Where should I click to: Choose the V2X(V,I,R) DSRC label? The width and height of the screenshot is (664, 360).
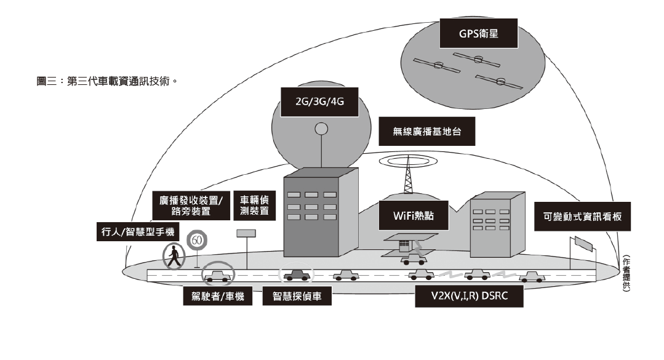[x=469, y=296]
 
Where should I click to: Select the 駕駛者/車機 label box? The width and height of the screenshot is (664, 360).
[x=218, y=297]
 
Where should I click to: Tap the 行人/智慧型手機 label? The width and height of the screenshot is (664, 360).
[x=137, y=233]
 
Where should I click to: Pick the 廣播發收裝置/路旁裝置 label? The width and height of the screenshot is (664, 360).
[x=191, y=206]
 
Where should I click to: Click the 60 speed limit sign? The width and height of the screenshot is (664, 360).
[x=196, y=240]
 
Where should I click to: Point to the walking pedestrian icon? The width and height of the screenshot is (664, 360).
[x=174, y=256]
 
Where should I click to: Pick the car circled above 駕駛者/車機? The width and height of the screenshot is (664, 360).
[x=220, y=275]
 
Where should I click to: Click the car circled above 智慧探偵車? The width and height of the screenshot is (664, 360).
[x=296, y=274]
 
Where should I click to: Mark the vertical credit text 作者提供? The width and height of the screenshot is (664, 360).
[x=626, y=273]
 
